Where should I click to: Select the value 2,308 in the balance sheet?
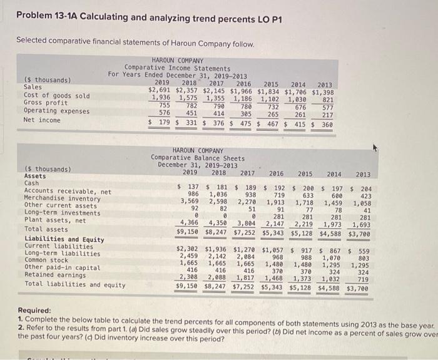pyautogui.click(x=190, y=276)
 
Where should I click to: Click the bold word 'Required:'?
pyautogui.click(x=38, y=310)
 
